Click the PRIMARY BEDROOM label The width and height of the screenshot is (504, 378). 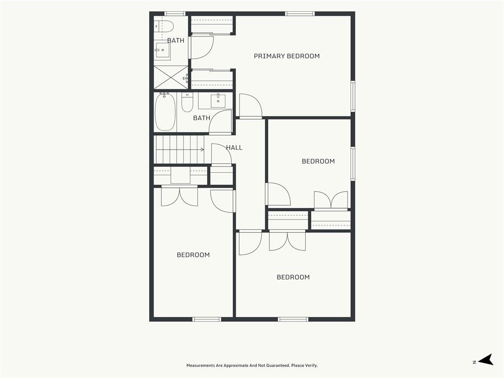click(287, 56)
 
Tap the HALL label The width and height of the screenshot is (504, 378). click(234, 148)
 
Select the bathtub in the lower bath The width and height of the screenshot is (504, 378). click(165, 112)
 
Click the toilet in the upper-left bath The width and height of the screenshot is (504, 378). click(164, 26)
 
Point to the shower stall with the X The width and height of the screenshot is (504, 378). click(171, 77)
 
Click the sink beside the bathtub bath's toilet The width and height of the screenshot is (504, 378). click(218, 100)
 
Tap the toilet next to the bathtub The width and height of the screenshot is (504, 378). click(187, 102)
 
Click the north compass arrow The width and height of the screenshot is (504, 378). click(485, 360)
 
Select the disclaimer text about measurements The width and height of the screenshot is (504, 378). click(252, 366)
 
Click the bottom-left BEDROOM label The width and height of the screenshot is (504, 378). click(193, 255)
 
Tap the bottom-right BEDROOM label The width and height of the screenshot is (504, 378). click(293, 277)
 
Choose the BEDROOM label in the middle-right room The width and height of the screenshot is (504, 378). click(318, 161)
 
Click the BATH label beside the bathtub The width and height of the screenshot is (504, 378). click(201, 118)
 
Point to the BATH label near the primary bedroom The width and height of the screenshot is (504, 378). click(176, 40)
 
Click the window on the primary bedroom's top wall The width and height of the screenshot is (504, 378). click(300, 13)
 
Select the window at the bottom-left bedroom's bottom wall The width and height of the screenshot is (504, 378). click(207, 319)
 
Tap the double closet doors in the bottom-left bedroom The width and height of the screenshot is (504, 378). click(179, 195)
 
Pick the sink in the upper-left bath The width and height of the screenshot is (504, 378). click(162, 50)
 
